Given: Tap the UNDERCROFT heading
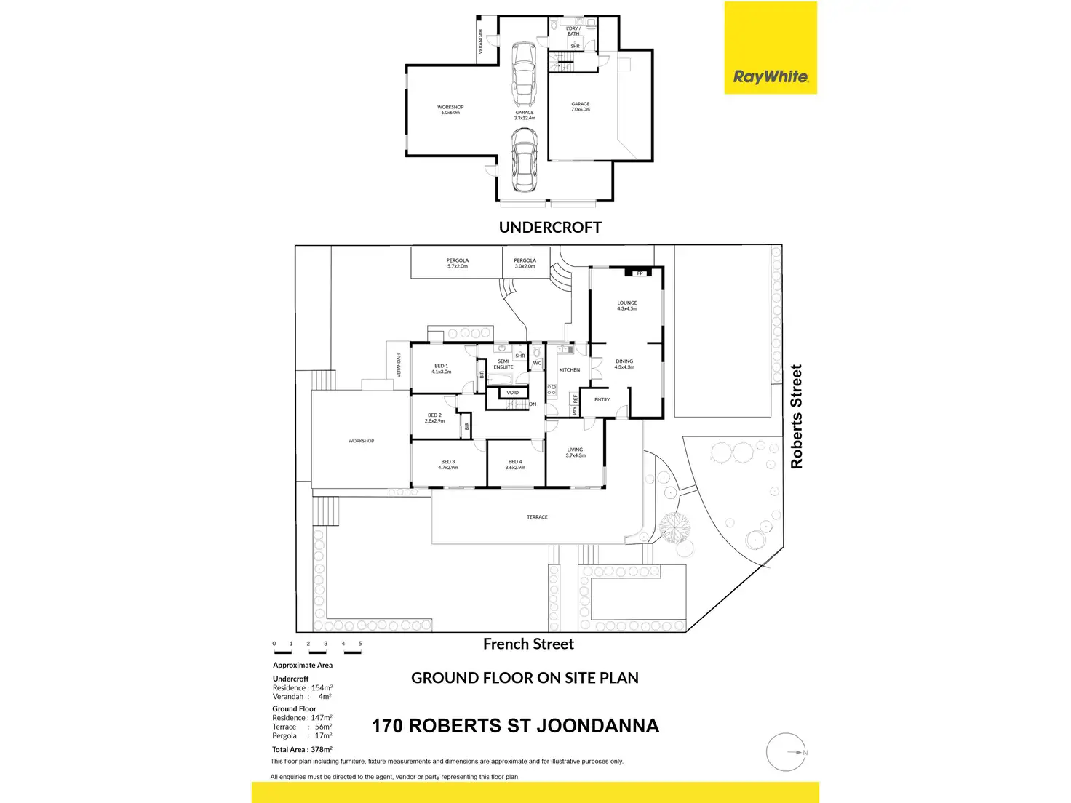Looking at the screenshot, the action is click(x=550, y=227).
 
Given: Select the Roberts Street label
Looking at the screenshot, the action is click(x=797, y=416).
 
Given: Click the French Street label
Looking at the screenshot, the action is click(x=528, y=644).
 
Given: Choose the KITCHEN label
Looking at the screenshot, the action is click(x=570, y=370).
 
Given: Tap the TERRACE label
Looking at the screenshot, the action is click(x=537, y=517).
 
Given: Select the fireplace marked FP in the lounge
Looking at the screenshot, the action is click(x=640, y=273).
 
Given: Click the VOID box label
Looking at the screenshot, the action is click(x=513, y=393).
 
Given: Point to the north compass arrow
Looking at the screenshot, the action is click(x=801, y=752).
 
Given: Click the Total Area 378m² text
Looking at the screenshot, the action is click(x=302, y=749).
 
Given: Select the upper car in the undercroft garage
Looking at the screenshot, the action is click(x=523, y=73).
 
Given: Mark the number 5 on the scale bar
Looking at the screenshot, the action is click(x=360, y=644).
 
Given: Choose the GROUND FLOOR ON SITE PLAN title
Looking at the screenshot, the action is click(x=525, y=678).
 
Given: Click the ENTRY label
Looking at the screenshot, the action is click(x=602, y=400).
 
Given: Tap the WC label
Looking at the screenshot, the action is click(x=538, y=363).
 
